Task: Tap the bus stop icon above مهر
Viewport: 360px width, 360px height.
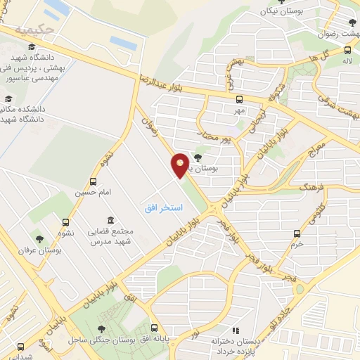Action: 239,99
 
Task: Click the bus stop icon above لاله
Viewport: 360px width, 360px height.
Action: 348,51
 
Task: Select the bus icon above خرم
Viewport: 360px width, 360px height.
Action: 298,233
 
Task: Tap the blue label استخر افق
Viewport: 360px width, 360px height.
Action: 163,208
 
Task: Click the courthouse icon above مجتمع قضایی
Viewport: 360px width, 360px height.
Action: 110,221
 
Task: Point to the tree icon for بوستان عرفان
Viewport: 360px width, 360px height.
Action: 39,239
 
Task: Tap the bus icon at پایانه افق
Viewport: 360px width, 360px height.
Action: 155,328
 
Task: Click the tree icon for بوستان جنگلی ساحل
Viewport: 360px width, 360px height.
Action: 103,328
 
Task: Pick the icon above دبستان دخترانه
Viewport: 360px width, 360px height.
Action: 236,330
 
